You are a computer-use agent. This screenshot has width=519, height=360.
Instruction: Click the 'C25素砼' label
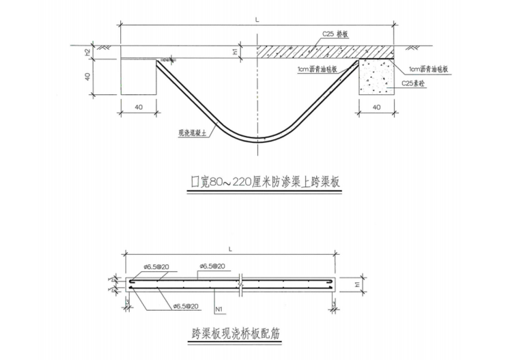point(412,83)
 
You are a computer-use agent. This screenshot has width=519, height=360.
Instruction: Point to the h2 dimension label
point(88,52)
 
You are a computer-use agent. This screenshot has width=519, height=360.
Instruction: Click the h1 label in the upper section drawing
point(235,52)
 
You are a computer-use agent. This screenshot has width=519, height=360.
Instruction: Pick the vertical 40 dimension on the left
point(88,77)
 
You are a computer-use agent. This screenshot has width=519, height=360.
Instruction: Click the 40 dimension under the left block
point(139,107)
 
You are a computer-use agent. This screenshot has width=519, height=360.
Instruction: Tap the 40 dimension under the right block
point(376,107)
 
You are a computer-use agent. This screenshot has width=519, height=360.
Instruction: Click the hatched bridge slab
point(307,52)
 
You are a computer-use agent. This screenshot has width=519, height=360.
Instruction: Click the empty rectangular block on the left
point(139,75)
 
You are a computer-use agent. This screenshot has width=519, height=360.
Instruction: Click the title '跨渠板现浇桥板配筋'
point(239,335)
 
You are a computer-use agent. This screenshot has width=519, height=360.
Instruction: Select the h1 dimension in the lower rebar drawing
point(358,283)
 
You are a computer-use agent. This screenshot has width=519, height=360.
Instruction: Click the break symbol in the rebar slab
point(242,283)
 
